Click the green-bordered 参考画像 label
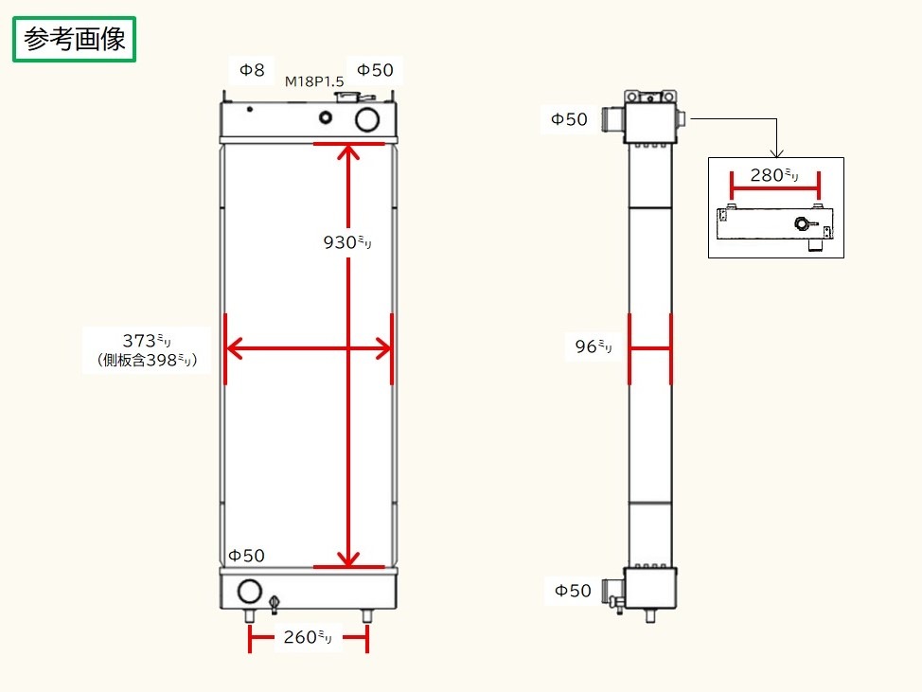click(75, 40)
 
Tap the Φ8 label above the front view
click(251, 69)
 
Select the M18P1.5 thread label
click(314, 82)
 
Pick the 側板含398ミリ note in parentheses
click(147, 361)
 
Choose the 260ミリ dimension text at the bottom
click(308, 638)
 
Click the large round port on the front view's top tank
click(367, 119)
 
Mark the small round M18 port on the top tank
click(327, 117)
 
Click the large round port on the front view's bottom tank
click(249, 592)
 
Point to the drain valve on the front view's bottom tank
click(275, 602)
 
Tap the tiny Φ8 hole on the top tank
click(250, 109)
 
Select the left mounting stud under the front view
click(250, 615)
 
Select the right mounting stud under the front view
click(367, 615)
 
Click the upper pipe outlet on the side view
click(614, 120)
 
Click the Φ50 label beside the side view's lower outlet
click(572, 591)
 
